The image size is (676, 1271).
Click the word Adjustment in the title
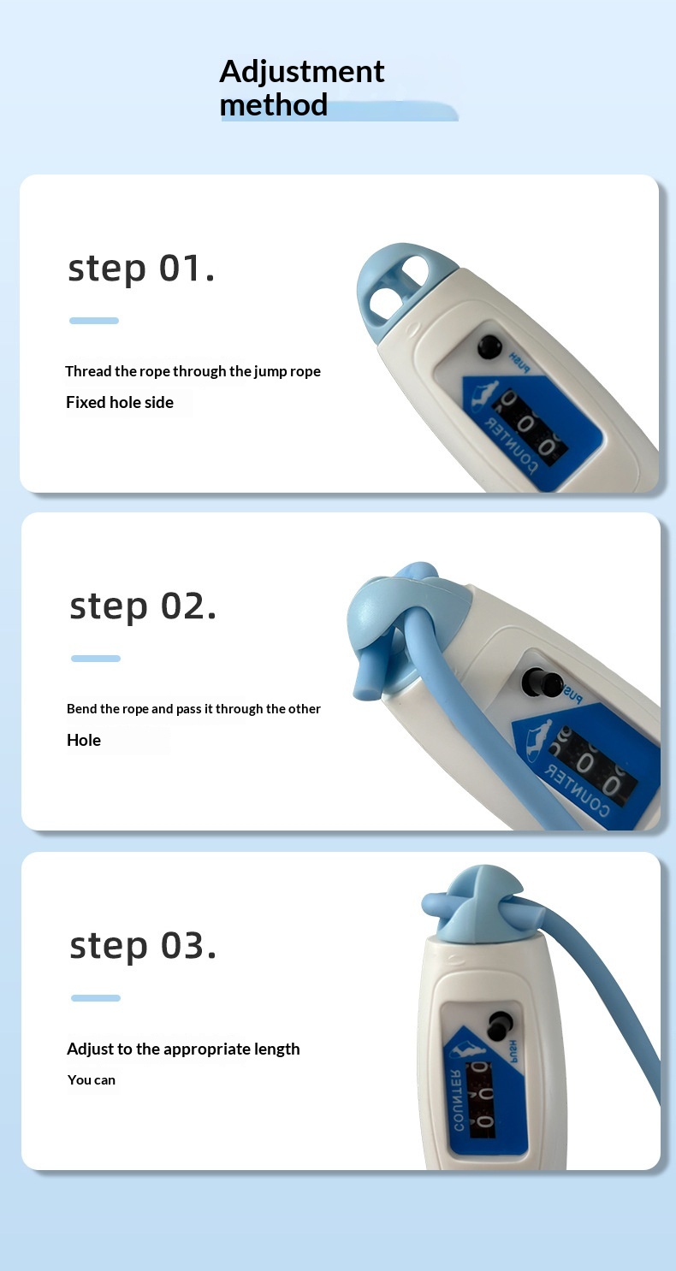click(x=302, y=73)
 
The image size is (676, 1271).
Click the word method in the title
click(x=274, y=105)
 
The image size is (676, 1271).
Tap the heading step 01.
click(x=141, y=269)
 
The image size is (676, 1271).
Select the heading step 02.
click(x=143, y=606)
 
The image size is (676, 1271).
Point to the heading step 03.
click(x=143, y=946)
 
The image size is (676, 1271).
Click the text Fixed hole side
click(x=120, y=402)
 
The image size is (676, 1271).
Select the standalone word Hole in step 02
click(x=84, y=740)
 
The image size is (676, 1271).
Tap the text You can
click(x=92, y=1079)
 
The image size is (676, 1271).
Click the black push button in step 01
click(x=489, y=346)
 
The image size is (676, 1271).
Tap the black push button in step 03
click(x=500, y=1026)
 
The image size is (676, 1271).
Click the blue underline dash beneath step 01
click(x=94, y=321)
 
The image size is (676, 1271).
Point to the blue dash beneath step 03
click(x=96, y=998)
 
